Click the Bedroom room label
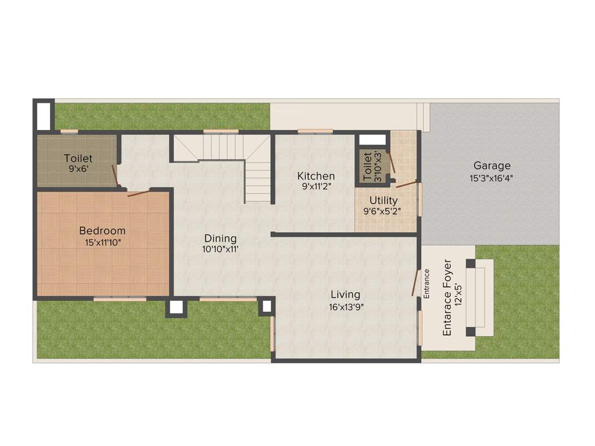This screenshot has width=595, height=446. pyautogui.click(x=102, y=231)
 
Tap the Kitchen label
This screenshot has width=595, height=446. pyautogui.click(x=316, y=176)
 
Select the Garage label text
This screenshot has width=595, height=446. pyautogui.click(x=492, y=166)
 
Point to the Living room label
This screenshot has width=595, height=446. pyautogui.click(x=345, y=294)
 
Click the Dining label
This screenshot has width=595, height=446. pyautogui.click(x=220, y=238)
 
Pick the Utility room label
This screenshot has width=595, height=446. pyautogui.click(x=383, y=201)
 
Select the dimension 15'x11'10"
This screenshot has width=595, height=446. pyautogui.click(x=103, y=242)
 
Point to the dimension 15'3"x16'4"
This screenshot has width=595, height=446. pyautogui.click(x=492, y=178)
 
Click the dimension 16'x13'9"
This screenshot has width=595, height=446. pyautogui.click(x=345, y=307)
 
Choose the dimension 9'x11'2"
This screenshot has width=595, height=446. pyautogui.click(x=316, y=187)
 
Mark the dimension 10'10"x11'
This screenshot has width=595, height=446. pyautogui.click(x=221, y=249)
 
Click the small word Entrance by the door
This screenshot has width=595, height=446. pyautogui.click(x=426, y=283)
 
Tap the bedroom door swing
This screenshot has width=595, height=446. pyautogui.click(x=139, y=192)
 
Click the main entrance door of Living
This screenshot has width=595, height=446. pyautogui.click(x=415, y=283)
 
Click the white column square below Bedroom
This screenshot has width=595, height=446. pyautogui.click(x=176, y=307)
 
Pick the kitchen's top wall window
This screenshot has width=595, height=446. pyautogui.click(x=315, y=131)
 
